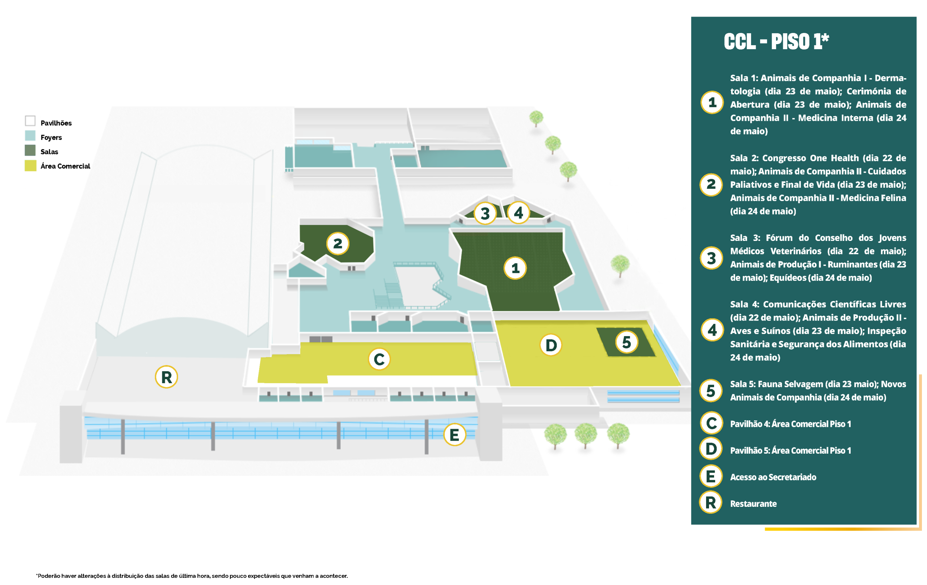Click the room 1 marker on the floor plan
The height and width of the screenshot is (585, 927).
(x=515, y=268)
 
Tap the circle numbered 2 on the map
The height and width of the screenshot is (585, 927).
(x=337, y=243)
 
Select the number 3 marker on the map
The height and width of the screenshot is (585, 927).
(x=485, y=213)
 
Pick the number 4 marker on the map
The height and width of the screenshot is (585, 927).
(x=519, y=212)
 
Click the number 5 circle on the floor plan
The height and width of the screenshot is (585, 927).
(x=627, y=342)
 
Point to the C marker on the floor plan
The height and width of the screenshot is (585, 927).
(x=379, y=359)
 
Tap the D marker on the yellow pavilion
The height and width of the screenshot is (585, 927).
(x=551, y=345)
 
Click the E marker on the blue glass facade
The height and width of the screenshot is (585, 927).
(x=455, y=434)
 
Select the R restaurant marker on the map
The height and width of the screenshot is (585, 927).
(x=166, y=377)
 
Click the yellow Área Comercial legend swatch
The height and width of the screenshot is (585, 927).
(x=30, y=166)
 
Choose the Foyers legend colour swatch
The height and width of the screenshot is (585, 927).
(x=30, y=136)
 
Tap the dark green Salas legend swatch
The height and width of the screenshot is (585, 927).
(x=30, y=151)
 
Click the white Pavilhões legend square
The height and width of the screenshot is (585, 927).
(x=30, y=121)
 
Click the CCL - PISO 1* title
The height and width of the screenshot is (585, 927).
(x=776, y=42)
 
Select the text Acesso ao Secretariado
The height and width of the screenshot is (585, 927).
(x=773, y=477)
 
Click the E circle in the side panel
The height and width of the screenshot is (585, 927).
(x=711, y=476)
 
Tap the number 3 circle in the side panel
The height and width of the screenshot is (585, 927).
(x=711, y=258)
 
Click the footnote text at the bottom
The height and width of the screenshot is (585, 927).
(x=192, y=576)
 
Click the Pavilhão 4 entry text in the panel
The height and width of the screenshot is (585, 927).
(x=790, y=424)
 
